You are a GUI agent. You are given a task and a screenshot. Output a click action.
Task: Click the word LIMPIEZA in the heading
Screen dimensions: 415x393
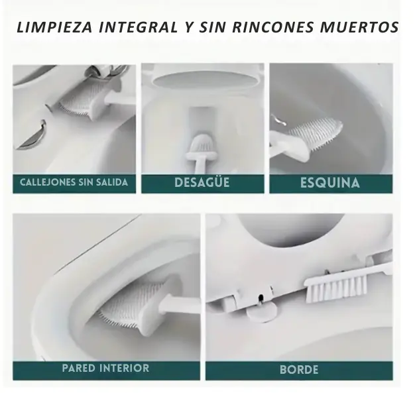54,27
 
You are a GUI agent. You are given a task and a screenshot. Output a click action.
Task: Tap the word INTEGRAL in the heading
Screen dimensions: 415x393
138,27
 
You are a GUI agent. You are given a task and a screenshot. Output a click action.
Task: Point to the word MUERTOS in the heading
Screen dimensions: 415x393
359,27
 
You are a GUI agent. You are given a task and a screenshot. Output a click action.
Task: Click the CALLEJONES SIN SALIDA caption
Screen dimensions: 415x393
74,182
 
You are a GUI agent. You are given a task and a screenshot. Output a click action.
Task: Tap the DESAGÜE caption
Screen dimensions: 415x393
202,182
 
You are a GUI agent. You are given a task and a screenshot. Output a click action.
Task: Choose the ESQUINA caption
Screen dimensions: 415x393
330,183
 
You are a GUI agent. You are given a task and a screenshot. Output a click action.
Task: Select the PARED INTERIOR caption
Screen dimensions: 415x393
105,368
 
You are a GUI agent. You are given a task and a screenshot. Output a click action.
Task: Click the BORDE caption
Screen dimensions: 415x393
299,370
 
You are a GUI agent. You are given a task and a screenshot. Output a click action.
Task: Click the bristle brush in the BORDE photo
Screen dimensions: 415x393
336,288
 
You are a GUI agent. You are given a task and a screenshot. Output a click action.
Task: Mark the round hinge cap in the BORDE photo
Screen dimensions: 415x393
261,313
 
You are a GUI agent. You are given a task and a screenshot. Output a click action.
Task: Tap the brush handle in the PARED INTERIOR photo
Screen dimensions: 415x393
180,304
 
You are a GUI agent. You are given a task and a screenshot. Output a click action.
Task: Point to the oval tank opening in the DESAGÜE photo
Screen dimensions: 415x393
202,80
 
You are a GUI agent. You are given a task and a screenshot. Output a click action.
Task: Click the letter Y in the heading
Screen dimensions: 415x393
188,27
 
